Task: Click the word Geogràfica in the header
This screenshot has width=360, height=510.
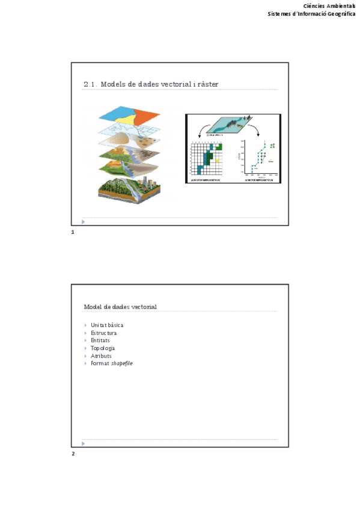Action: click(x=340, y=14)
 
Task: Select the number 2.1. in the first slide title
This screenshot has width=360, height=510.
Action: click(x=90, y=84)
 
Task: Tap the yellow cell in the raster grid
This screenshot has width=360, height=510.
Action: click(x=216, y=161)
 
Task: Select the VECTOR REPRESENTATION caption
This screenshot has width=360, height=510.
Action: click(x=260, y=179)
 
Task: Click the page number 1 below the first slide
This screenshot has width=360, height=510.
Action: click(x=72, y=232)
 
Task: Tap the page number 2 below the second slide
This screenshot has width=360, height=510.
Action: click(x=73, y=453)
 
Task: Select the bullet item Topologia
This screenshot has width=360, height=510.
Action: click(x=103, y=348)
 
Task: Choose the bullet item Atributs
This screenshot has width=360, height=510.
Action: click(x=101, y=356)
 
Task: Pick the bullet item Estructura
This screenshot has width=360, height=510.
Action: click(x=103, y=333)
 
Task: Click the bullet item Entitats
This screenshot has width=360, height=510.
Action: click(x=100, y=340)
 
